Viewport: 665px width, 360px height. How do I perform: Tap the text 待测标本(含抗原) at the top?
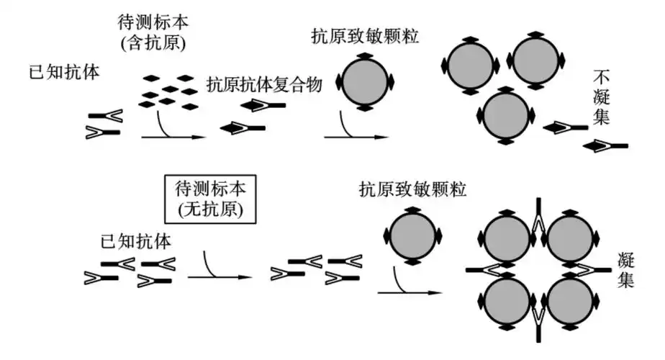154,30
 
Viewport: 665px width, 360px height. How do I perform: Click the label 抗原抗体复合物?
263,84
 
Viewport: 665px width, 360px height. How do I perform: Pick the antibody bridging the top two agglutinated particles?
537,216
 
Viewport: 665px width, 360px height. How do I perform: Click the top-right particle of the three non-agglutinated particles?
535,61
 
